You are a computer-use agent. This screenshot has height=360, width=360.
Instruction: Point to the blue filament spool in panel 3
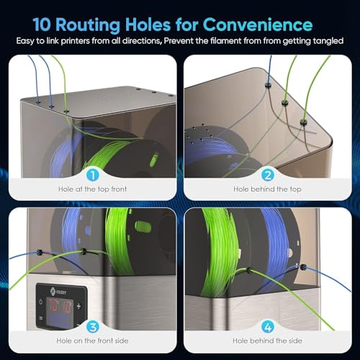coord(75,234)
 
